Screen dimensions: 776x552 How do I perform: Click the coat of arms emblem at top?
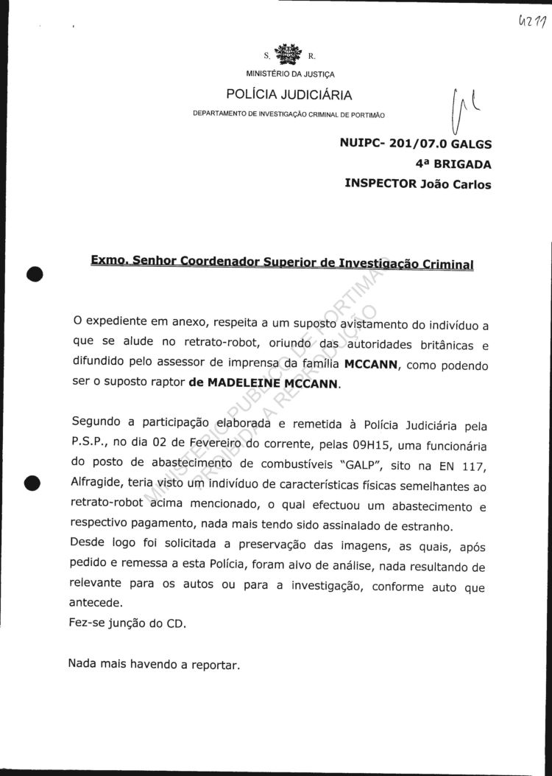(x=288, y=55)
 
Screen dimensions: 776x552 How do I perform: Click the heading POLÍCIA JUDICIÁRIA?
(x=289, y=94)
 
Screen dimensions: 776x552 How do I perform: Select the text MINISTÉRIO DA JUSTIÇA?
(x=289, y=74)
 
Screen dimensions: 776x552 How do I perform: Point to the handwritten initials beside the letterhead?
(x=459, y=111)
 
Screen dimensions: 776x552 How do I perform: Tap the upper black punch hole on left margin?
(x=35, y=273)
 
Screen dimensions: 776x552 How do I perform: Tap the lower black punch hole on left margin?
(x=32, y=484)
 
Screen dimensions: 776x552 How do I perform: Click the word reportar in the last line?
(x=216, y=664)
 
